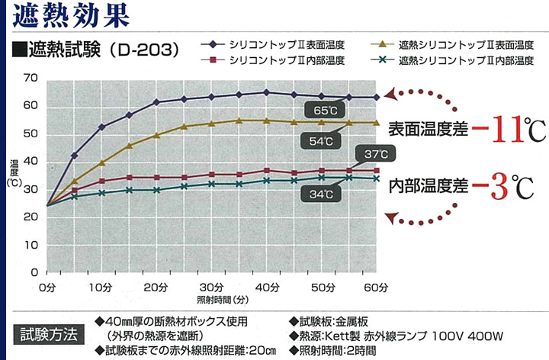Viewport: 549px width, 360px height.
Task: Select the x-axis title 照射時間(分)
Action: point(211,299)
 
